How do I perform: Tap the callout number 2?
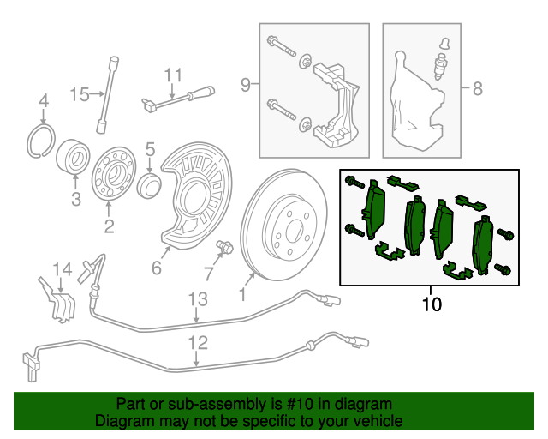tap(109, 226)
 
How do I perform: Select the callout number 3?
tap(75, 201)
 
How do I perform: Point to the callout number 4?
tap(44, 105)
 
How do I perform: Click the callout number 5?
tap(149, 150)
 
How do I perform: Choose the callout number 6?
tap(157, 268)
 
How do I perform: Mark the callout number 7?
tap(207, 274)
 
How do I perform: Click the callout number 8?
tap(477, 87)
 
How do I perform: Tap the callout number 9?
tap(245, 84)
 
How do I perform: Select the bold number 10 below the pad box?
tap(432, 304)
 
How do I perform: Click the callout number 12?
tap(198, 344)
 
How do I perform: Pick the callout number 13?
tap(198, 299)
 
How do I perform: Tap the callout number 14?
tap(63, 271)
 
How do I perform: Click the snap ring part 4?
tap(40, 140)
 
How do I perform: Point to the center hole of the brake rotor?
tap(291, 229)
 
